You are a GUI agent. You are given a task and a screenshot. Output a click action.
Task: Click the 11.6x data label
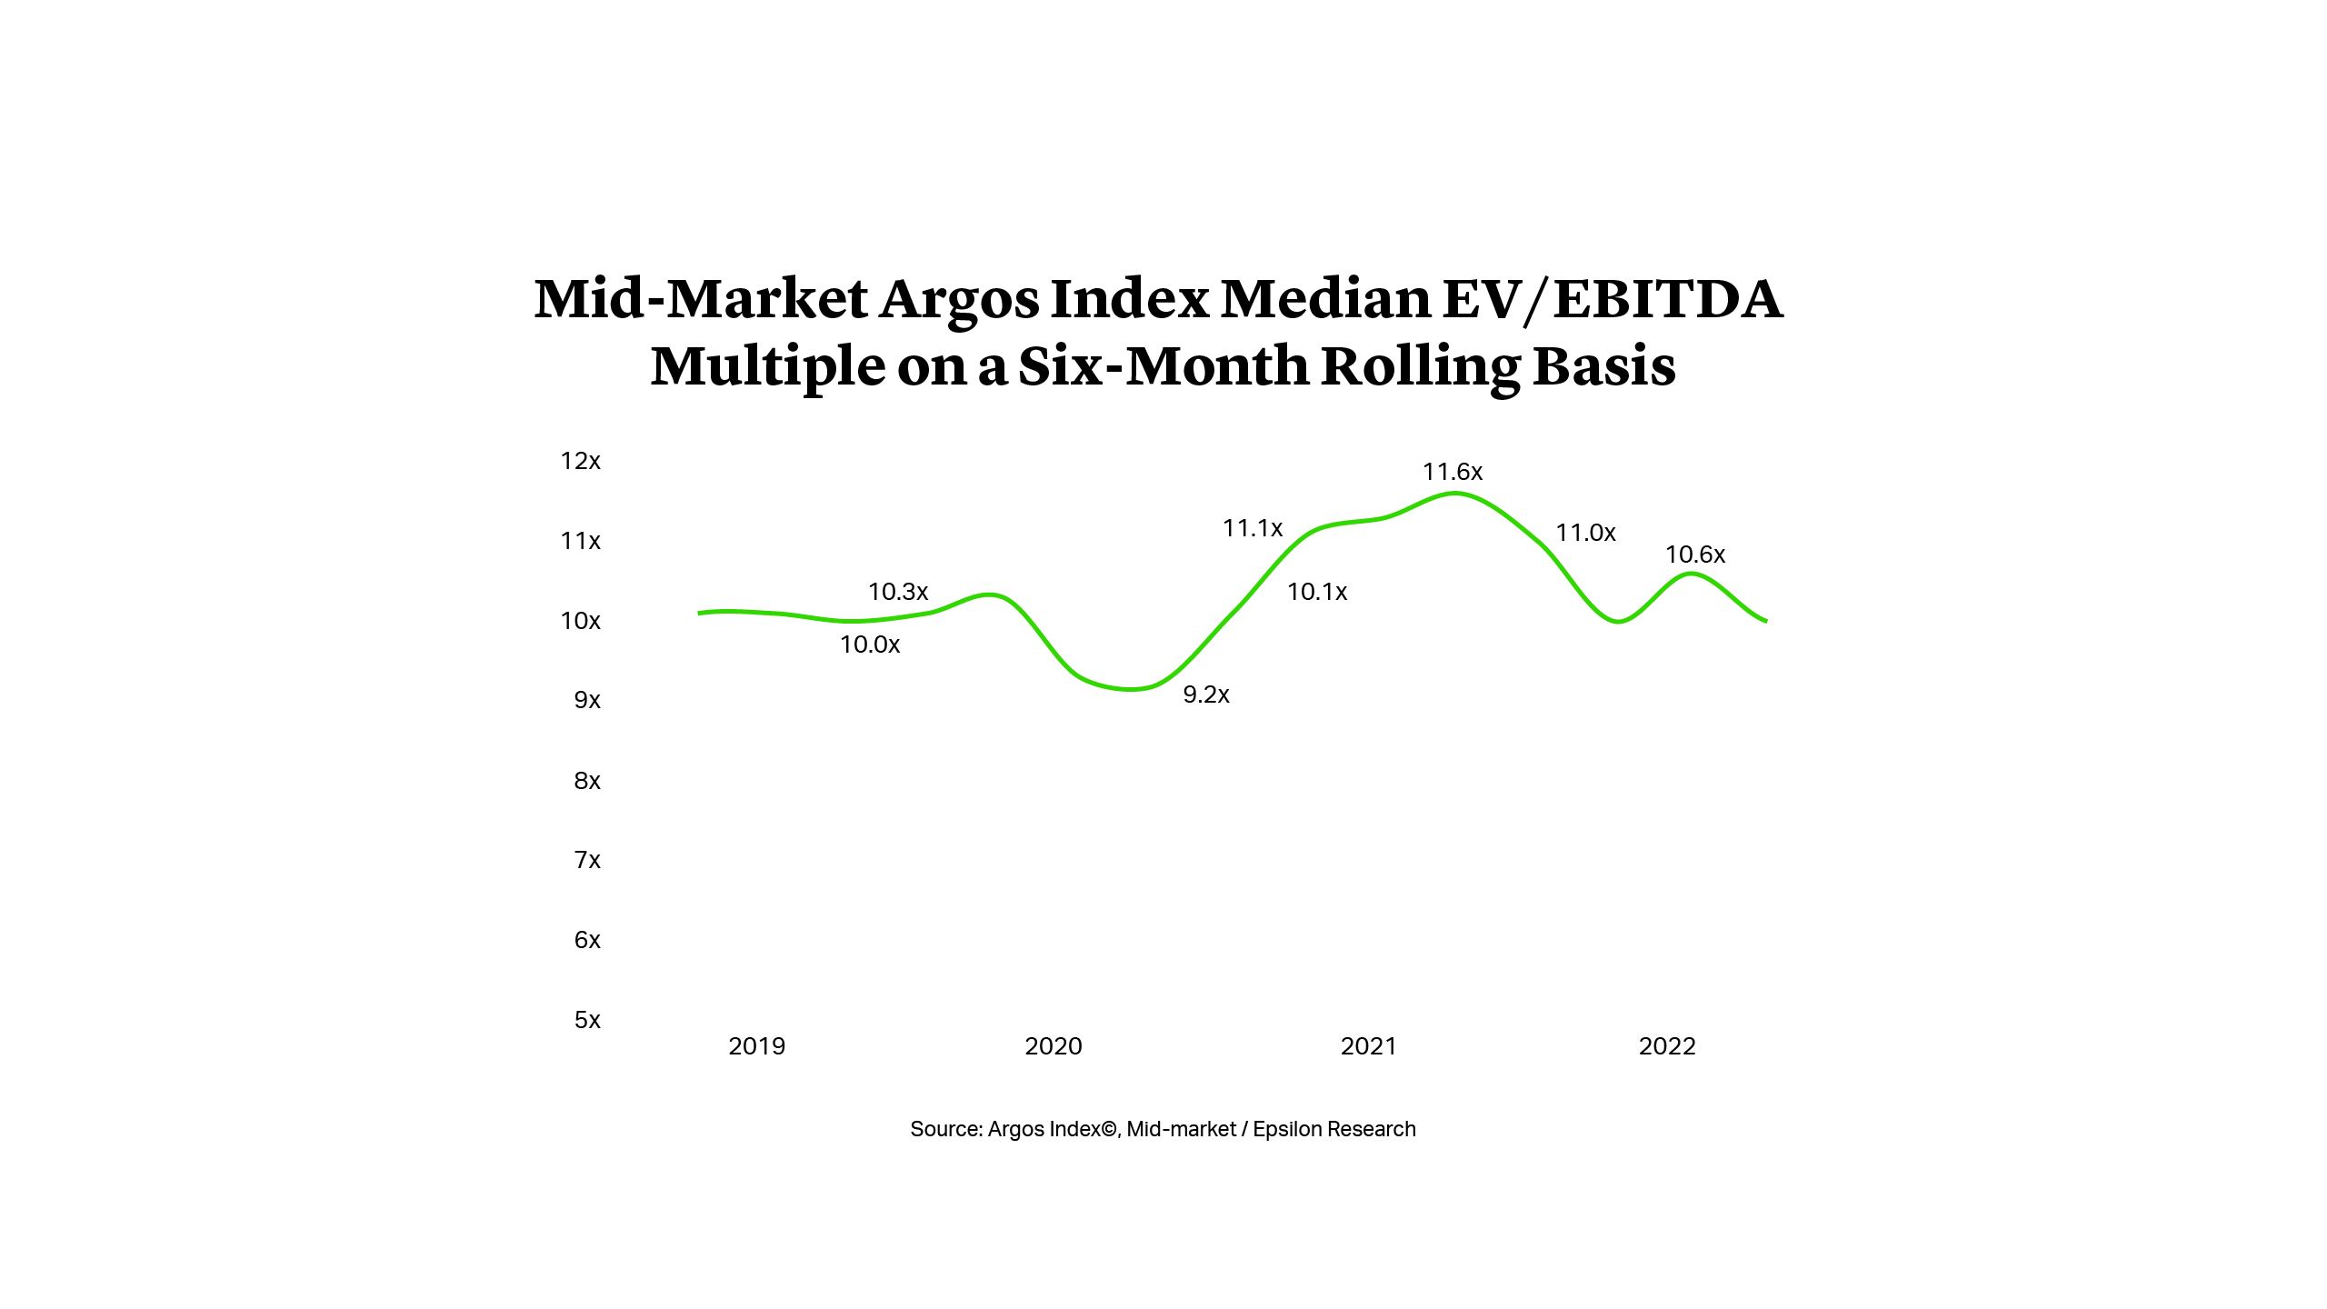(x=1452, y=472)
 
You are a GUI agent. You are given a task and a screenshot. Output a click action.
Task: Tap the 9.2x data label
(x=1205, y=694)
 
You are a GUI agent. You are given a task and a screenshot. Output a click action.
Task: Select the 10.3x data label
(x=897, y=592)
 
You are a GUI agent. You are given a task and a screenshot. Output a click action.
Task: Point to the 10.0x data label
(x=869, y=645)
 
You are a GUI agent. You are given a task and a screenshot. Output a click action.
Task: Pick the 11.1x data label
(x=1252, y=528)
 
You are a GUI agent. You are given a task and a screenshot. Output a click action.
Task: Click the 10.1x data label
(x=1316, y=592)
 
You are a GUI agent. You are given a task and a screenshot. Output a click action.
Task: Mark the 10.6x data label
(x=1694, y=555)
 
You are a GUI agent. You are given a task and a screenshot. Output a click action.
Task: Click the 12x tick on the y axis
(x=580, y=461)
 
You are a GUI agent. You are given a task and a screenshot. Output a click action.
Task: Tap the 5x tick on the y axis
(x=586, y=1020)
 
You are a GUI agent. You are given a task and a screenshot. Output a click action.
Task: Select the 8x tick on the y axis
(x=586, y=781)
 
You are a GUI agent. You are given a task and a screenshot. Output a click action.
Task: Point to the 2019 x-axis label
(x=756, y=1046)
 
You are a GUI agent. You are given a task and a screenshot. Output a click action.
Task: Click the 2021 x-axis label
(x=1368, y=1046)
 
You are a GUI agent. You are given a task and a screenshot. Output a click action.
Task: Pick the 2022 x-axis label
(x=1666, y=1046)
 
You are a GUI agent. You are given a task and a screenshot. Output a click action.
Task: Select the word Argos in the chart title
(x=958, y=300)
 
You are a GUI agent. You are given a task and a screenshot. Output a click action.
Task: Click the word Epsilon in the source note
(x=1287, y=1129)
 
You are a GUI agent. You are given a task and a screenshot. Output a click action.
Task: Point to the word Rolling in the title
(x=1421, y=365)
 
